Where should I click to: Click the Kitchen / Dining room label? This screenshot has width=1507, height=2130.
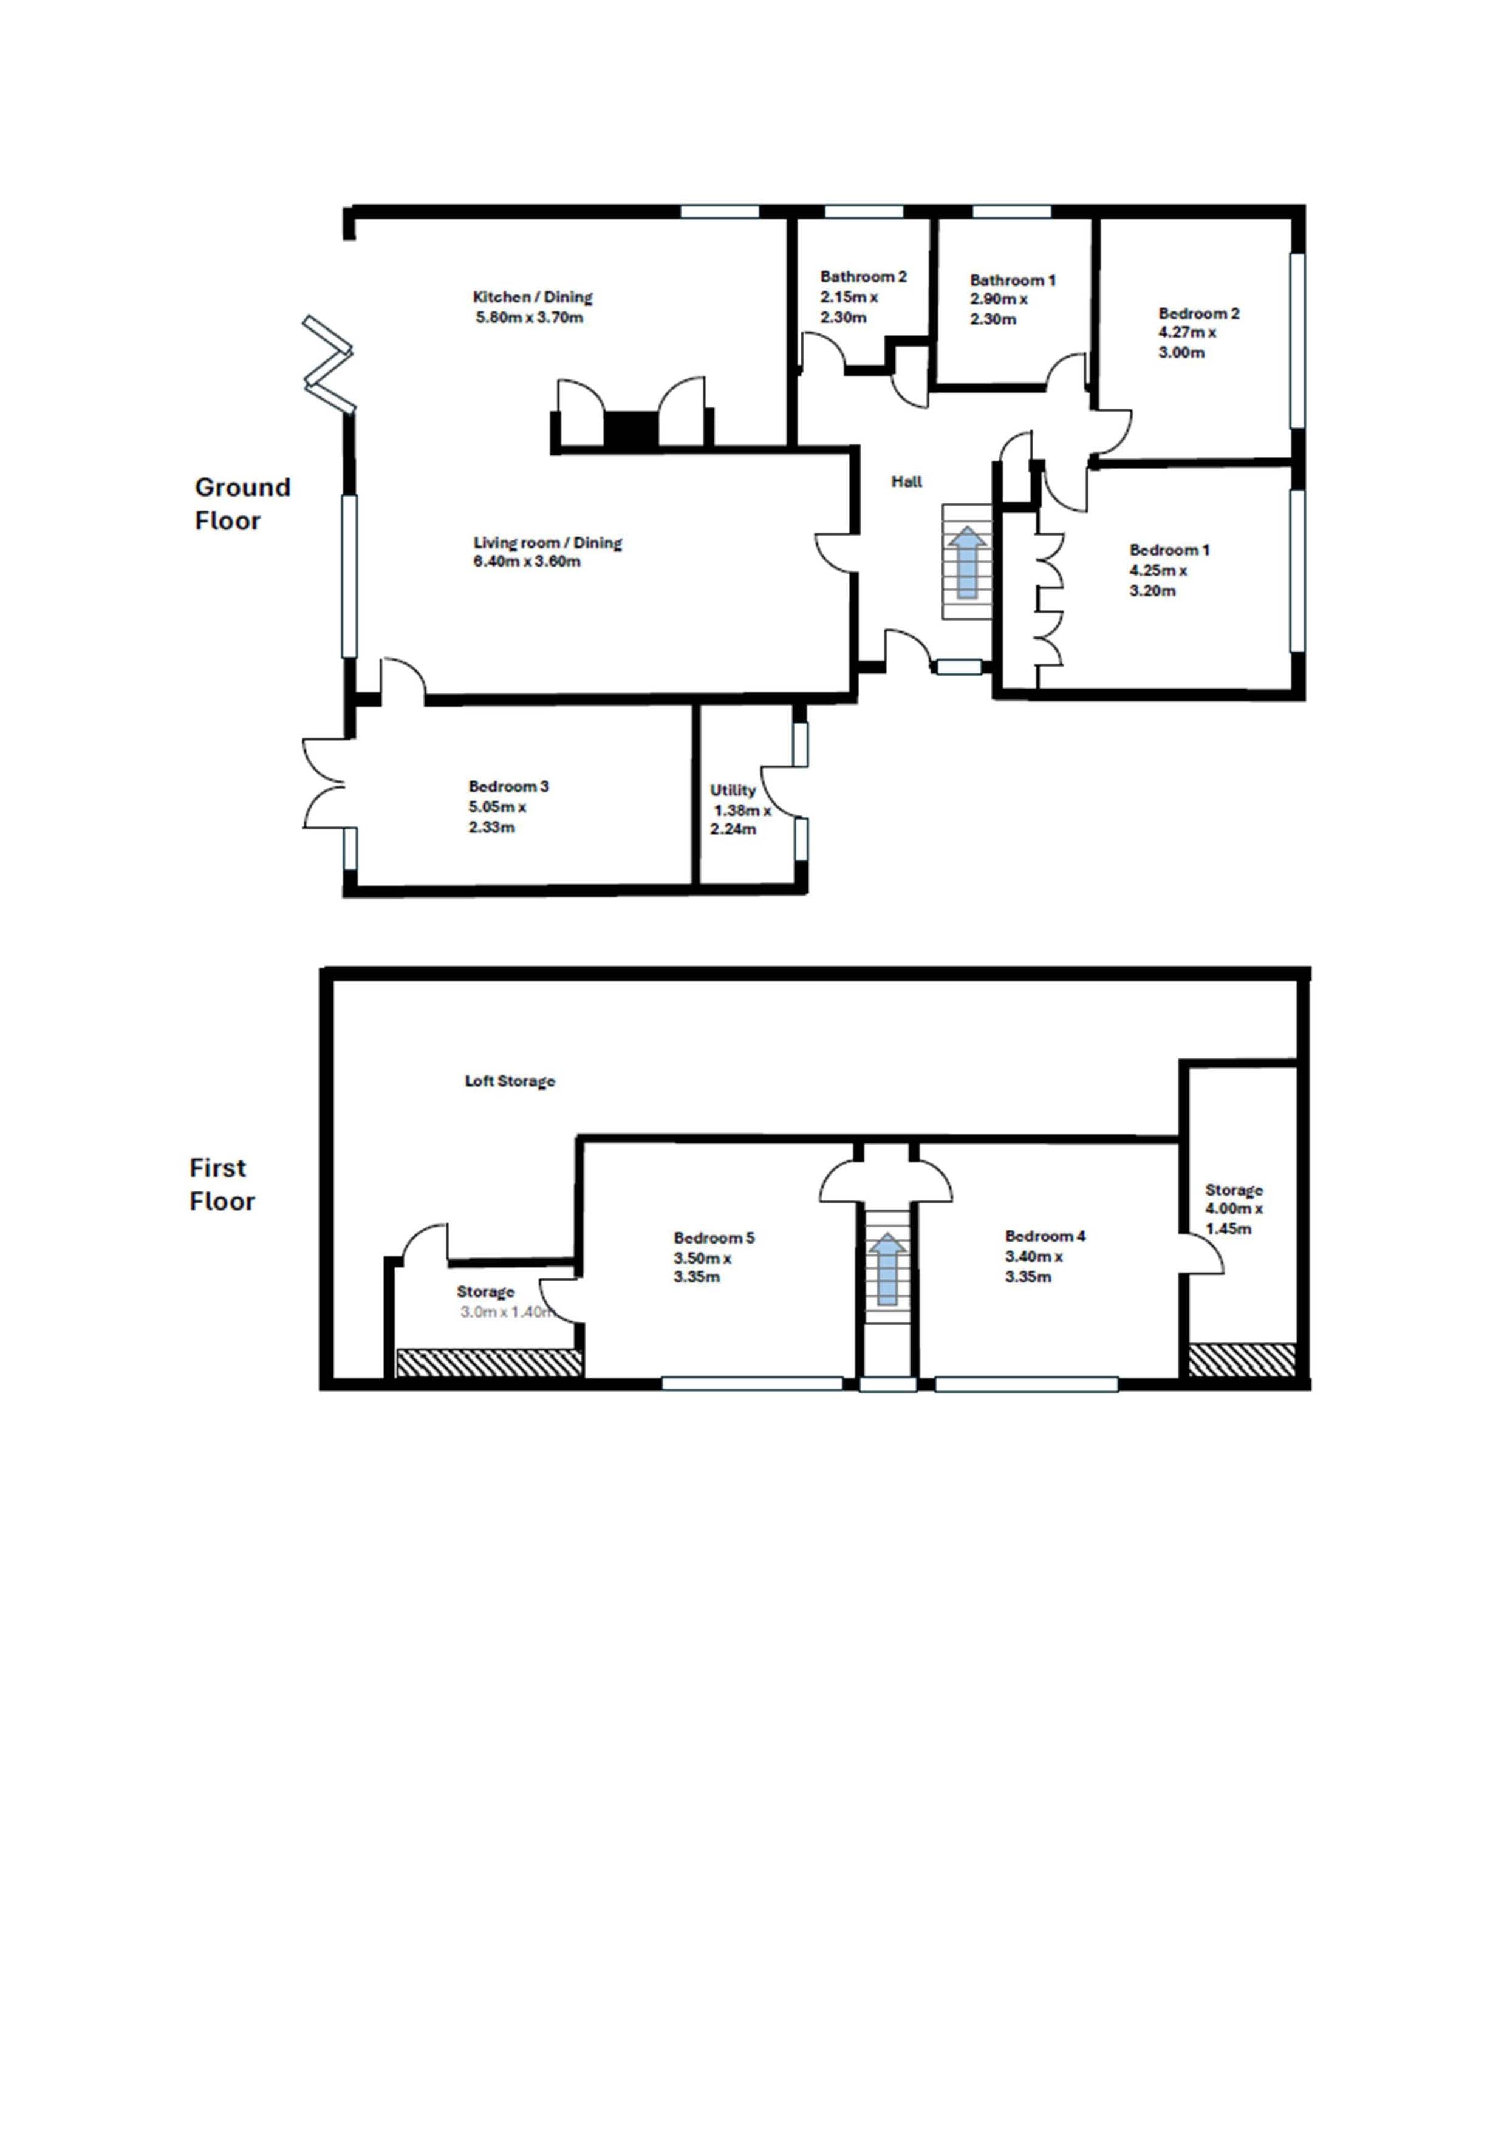[x=533, y=297]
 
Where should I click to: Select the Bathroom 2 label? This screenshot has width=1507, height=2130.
[x=863, y=276]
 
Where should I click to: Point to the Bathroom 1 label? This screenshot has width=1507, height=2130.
[x=1013, y=280]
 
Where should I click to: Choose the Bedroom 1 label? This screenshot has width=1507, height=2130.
[x=1169, y=550]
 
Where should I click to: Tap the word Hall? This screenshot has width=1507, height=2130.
[x=907, y=481]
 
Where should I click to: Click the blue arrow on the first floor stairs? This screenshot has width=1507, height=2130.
[x=888, y=1269]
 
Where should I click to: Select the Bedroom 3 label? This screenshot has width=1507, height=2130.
[x=508, y=787]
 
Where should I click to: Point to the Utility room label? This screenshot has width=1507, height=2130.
[x=733, y=791]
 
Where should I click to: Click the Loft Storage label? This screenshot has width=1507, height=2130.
[x=510, y=1081]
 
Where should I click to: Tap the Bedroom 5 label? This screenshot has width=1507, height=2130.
[x=714, y=1237]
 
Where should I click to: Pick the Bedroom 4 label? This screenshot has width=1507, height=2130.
[x=1045, y=1236]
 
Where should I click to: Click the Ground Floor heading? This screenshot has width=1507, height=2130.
[x=242, y=504]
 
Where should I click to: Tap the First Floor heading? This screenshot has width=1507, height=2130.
[x=222, y=1185]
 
